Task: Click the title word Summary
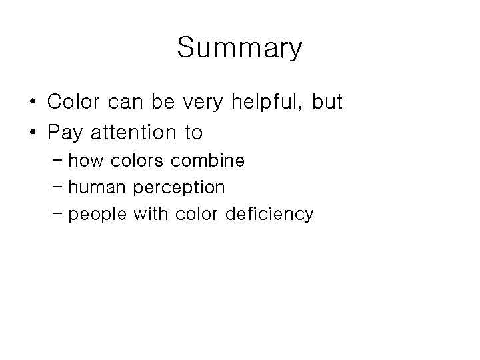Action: click(x=240, y=48)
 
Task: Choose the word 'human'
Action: click(x=98, y=187)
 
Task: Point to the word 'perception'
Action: click(x=179, y=188)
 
